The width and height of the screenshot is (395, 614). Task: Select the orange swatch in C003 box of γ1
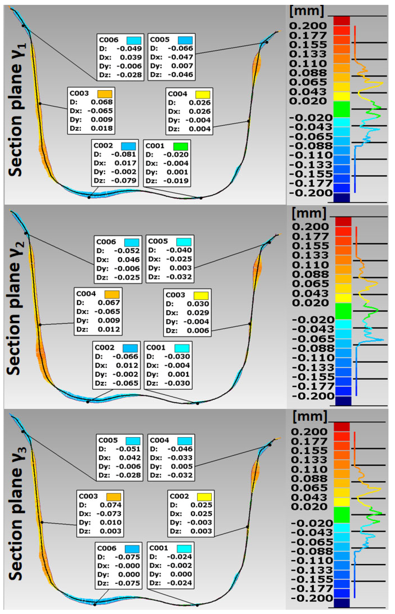pos(105,94)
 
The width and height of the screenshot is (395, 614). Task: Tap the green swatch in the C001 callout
pos(181,146)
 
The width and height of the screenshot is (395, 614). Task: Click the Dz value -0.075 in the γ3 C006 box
pos(127,583)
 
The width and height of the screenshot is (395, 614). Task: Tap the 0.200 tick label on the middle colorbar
pos(310,227)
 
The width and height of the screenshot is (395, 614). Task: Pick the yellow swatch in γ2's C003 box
pos(201,296)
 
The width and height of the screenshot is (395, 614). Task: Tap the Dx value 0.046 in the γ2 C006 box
pos(129,260)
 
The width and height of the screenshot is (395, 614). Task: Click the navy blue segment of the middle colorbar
pos(343,401)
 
